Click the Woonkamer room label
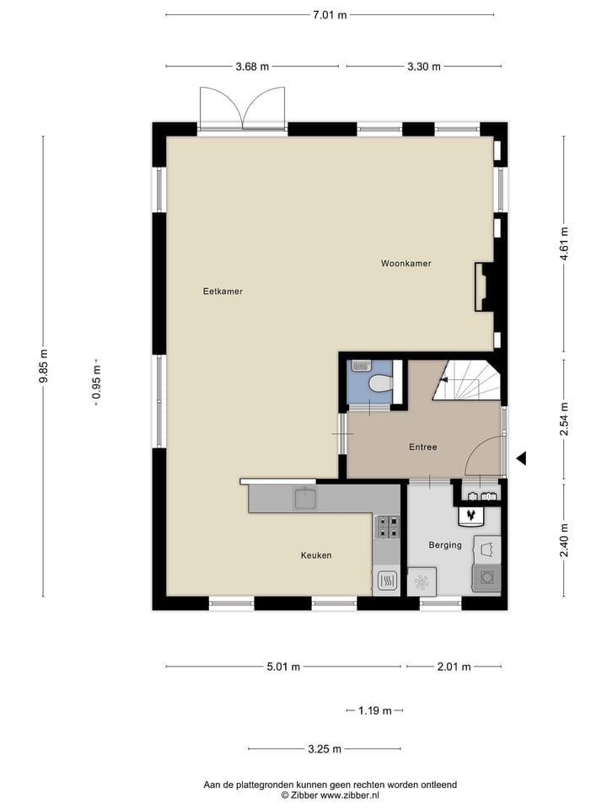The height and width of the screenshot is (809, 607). (406, 264)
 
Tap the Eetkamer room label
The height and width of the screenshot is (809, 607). (223, 292)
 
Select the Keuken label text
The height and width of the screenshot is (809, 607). (316, 555)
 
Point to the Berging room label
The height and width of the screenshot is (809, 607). (444, 545)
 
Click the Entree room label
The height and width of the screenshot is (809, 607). (422, 447)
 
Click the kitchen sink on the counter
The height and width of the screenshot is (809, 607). (303, 499)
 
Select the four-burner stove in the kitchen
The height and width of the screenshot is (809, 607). (388, 527)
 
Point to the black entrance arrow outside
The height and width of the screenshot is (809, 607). (521, 458)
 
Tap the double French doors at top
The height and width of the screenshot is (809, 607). (243, 107)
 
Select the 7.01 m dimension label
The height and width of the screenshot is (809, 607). (330, 14)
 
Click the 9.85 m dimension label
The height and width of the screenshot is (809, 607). (43, 367)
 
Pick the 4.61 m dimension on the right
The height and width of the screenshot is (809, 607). (564, 244)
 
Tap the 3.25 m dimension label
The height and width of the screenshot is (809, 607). (325, 749)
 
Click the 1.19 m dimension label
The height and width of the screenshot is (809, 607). (374, 711)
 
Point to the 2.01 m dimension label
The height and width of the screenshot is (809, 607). (453, 667)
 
